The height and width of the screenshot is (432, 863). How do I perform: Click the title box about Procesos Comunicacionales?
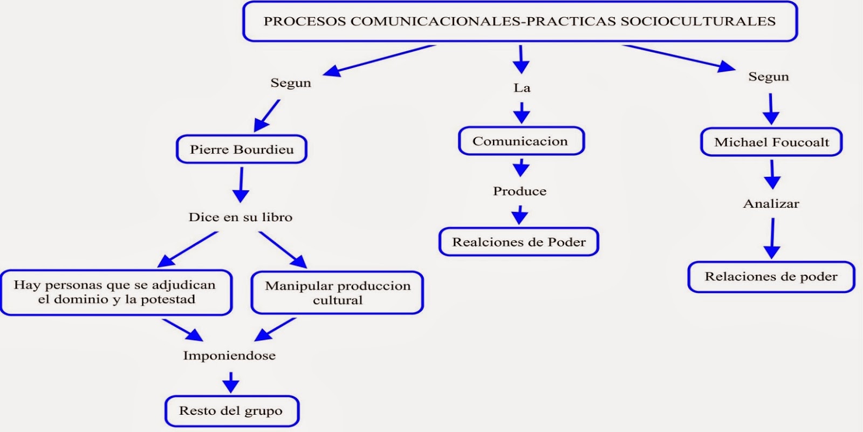[519, 22]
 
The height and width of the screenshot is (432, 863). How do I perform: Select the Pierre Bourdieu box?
[242, 149]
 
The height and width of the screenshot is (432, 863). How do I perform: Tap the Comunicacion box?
[521, 141]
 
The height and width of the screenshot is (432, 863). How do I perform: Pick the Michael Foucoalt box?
[771, 142]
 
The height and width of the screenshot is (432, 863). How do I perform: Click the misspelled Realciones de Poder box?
[519, 242]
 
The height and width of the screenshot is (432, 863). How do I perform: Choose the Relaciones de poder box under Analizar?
[771, 277]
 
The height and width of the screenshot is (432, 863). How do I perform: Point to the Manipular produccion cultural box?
[338, 293]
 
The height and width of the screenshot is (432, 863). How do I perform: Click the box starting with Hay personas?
[116, 292]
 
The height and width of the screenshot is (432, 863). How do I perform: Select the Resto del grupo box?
[231, 411]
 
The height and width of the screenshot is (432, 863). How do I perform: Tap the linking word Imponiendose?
[230, 355]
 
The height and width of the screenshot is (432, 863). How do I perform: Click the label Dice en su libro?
[241, 217]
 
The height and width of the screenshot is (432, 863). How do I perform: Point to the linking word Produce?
[520, 191]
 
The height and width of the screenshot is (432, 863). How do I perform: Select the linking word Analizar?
[771, 204]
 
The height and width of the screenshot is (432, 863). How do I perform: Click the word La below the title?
[522, 88]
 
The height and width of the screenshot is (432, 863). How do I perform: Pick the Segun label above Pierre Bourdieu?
[291, 83]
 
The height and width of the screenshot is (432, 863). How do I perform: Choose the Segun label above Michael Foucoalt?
[769, 77]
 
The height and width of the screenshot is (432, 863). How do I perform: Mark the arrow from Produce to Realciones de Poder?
[520, 215]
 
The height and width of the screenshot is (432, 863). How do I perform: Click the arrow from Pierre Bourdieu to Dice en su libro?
[241, 185]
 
